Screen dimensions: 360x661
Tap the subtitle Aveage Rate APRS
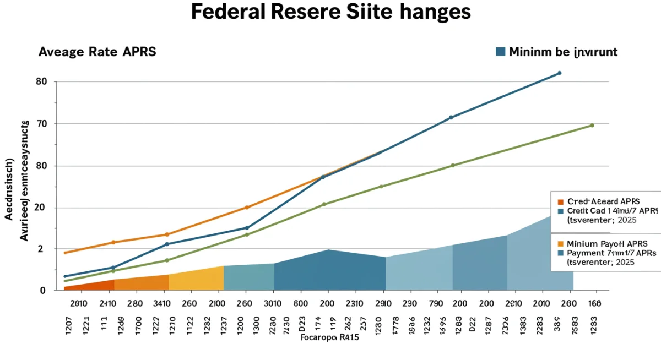97,52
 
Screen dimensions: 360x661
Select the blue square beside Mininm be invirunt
500,52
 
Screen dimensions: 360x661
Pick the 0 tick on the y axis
42,290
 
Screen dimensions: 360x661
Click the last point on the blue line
559,73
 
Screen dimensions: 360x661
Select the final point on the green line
592,126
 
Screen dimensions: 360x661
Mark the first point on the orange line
66,253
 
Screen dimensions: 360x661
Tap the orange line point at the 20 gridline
247,208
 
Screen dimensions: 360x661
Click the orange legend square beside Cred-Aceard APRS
561,202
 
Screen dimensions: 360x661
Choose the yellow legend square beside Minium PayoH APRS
561,243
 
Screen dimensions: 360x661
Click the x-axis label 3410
162,303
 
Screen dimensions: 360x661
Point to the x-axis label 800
301,303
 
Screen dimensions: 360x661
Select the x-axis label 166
594,303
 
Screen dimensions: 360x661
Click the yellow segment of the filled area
196,279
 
